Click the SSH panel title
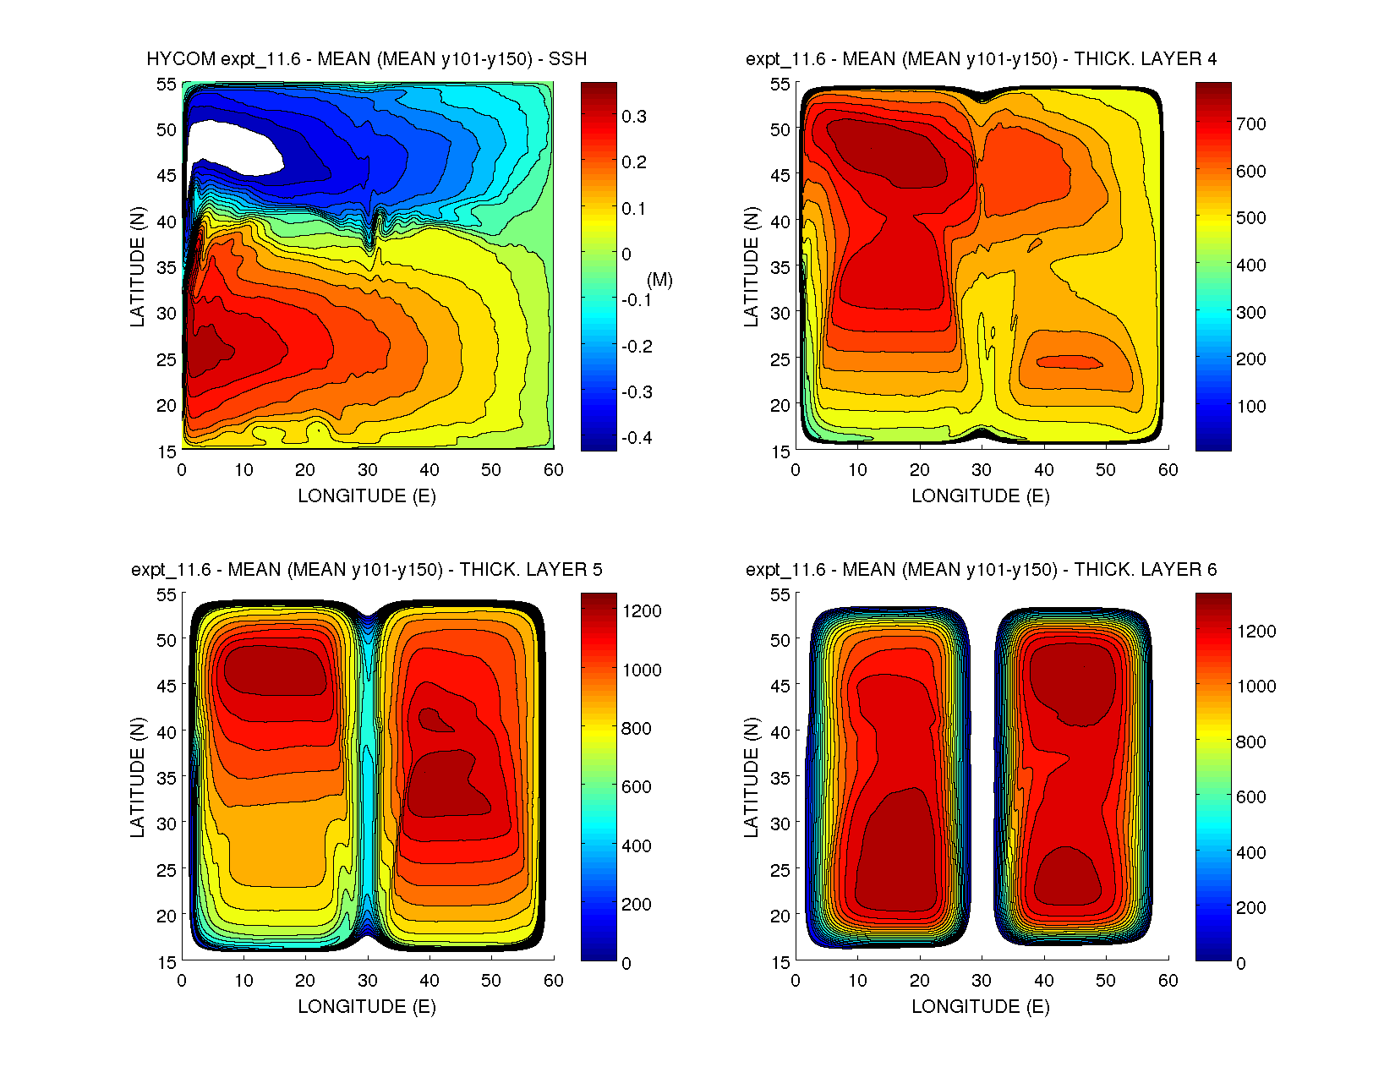point(366,59)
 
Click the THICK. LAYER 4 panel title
point(981,59)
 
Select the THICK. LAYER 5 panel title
point(366,570)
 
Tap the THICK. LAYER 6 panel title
point(981,570)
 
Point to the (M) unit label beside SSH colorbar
point(659,280)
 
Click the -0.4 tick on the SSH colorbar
point(637,438)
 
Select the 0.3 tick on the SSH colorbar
point(633,117)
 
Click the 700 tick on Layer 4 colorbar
point(1250,124)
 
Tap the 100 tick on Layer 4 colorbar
point(1250,407)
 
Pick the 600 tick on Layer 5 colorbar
point(636,787)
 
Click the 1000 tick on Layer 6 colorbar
point(1255,687)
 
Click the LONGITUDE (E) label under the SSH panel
point(366,496)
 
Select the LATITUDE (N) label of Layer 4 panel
point(751,266)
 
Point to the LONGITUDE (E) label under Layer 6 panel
point(981,1007)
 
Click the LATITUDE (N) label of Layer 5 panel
point(137,777)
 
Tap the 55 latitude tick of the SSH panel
point(166,84)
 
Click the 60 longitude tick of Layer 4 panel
point(1168,470)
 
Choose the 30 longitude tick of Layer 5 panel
point(367,981)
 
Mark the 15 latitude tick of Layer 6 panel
point(780,962)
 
